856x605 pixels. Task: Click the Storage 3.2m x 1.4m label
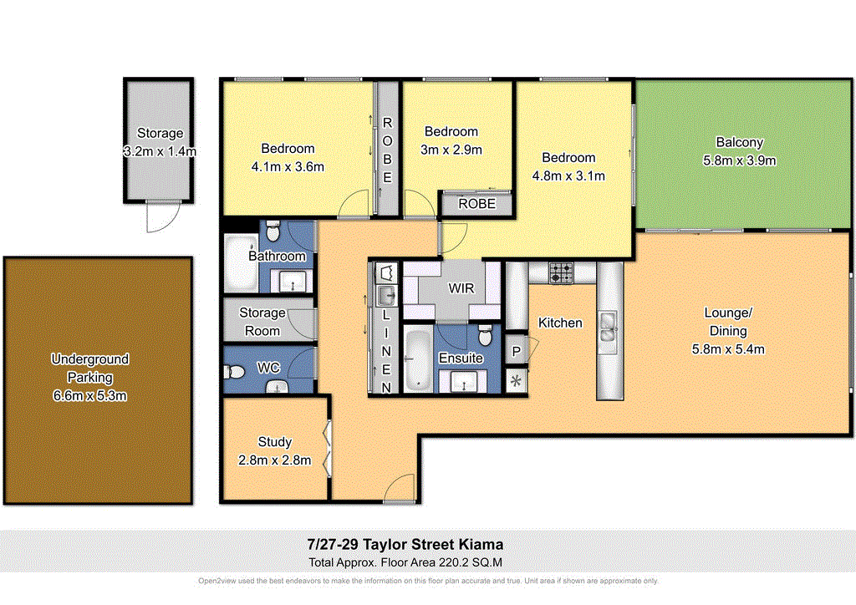point(160,143)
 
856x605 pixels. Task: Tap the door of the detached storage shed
point(158,219)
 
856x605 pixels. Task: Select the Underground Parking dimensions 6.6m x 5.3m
point(90,394)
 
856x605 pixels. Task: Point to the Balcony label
point(739,142)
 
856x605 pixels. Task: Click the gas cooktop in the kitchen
point(561,272)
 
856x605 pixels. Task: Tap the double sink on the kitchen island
point(608,328)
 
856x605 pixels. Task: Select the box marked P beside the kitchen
point(517,351)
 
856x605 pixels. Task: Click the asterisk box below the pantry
point(517,381)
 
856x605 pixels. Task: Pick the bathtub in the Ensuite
point(415,361)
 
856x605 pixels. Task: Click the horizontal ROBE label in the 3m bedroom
point(477,203)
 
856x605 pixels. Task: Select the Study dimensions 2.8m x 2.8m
point(276,460)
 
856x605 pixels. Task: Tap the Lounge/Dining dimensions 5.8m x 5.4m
point(728,349)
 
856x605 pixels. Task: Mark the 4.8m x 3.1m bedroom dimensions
point(568,175)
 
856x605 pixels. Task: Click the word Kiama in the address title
point(480,543)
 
